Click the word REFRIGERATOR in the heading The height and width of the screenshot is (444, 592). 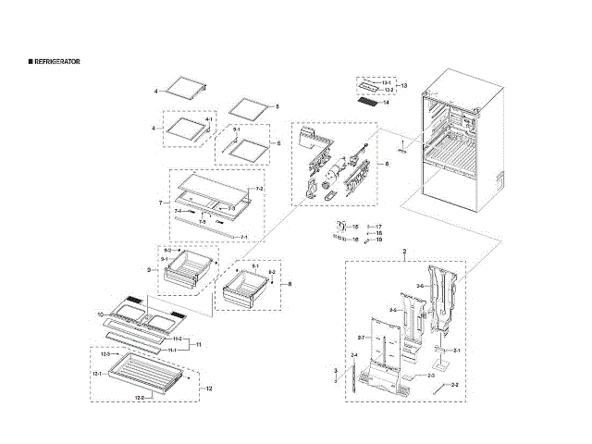click(56, 60)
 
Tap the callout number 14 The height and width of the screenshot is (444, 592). click(386, 102)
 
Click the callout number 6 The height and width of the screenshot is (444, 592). click(387, 164)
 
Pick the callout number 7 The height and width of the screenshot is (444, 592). click(160, 203)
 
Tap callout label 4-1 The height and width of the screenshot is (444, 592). click(209, 120)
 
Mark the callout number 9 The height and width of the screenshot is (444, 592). click(149, 270)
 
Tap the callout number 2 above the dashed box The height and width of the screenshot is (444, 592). click(404, 253)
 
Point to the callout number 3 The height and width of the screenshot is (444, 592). click(335, 370)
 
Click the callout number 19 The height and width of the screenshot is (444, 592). click(379, 240)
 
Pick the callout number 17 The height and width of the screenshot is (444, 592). click(379, 225)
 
